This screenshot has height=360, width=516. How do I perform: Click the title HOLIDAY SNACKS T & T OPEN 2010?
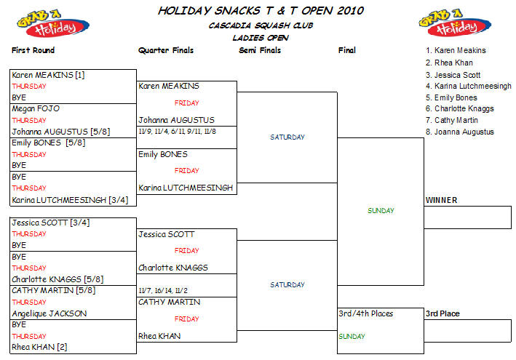click(x=261, y=11)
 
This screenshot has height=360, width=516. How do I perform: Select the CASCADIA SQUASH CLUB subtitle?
click(x=260, y=25)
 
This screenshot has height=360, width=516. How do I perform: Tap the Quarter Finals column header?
click(x=165, y=50)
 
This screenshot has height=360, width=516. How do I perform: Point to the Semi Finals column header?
click(x=260, y=50)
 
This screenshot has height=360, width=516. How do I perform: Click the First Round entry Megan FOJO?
click(x=36, y=109)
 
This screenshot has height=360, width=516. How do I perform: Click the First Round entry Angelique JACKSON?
click(x=49, y=313)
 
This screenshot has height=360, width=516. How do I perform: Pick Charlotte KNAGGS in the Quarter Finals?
click(x=173, y=268)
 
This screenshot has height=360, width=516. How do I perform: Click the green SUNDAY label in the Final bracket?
click(x=381, y=211)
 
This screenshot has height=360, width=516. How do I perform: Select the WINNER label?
click(x=442, y=200)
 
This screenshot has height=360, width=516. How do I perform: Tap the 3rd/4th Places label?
click(x=366, y=313)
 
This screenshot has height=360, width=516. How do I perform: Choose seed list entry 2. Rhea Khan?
click(x=449, y=62)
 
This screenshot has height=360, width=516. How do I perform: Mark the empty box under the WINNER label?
click(x=468, y=217)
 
